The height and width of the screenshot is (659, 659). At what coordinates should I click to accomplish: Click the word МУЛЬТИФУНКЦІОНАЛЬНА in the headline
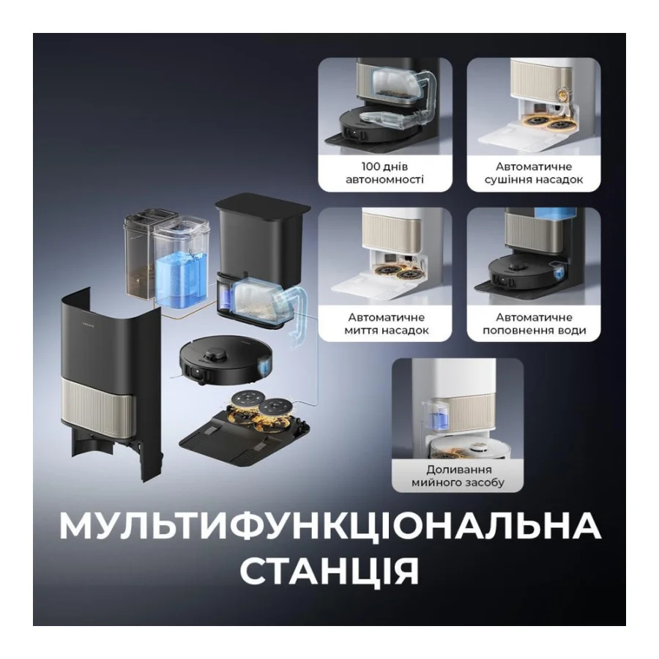329,526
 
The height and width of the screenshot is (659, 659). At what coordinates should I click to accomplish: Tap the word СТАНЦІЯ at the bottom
329,570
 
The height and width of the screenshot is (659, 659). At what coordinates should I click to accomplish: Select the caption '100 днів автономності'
386,173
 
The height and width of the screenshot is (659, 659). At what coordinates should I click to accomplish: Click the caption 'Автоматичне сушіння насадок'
534,173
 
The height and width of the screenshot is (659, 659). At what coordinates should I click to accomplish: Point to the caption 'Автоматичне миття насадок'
386,324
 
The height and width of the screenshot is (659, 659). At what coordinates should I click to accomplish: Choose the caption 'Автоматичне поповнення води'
534,324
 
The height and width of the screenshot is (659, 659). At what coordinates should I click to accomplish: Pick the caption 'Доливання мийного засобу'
458,476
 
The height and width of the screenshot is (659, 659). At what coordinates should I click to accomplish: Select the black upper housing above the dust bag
253,231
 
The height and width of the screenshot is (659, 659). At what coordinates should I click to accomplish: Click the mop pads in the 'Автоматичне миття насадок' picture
395,273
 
